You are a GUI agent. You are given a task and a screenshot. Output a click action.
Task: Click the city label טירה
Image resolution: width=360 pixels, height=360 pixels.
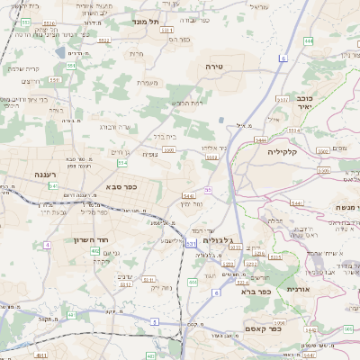pyautogui.click(x=239, y=67)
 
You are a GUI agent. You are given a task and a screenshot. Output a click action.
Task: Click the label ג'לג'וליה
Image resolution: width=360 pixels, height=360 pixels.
pyautogui.click(x=220, y=240)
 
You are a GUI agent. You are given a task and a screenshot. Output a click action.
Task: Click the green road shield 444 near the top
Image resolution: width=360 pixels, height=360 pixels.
pyautogui.click(x=309, y=40)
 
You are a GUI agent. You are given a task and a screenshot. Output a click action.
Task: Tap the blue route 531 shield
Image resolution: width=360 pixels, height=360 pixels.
pyautogui.click(x=191, y=243)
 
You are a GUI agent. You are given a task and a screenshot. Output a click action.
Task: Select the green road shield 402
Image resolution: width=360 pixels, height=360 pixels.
pyautogui.click(x=94, y=251)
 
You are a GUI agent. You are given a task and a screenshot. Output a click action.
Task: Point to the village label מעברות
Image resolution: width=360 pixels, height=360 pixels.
pyautogui.click(x=148, y=83)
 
